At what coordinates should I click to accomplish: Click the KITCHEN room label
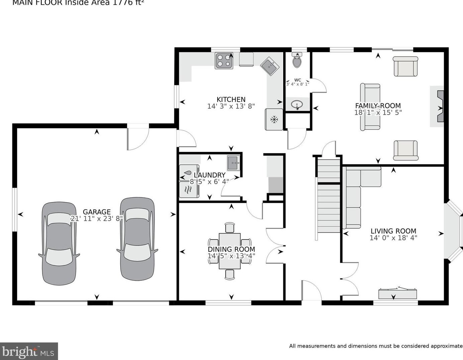click(x=231, y=99)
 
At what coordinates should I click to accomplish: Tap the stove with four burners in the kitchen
click(x=224, y=61)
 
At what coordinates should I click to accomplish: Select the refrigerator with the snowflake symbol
click(x=274, y=119)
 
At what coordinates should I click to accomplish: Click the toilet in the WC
click(x=297, y=61)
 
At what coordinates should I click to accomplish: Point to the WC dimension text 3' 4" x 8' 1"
click(x=298, y=84)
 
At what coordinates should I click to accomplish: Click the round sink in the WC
click(x=297, y=105)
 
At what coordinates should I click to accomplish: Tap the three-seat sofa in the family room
click(x=370, y=107)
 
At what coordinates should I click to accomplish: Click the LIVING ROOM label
click(x=393, y=231)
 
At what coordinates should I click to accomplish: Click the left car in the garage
click(x=59, y=244)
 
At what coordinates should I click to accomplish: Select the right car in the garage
click(x=137, y=239)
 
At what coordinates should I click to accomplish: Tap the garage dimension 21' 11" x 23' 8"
click(x=97, y=218)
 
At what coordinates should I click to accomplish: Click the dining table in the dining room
click(x=230, y=251)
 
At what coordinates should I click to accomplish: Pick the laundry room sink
click(x=234, y=163)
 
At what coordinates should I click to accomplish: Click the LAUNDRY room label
click(x=209, y=175)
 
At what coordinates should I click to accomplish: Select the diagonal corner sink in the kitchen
click(x=270, y=66)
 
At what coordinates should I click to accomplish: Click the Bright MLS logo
click(x=29, y=351)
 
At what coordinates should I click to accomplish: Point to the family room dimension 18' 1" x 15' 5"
click(x=378, y=112)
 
